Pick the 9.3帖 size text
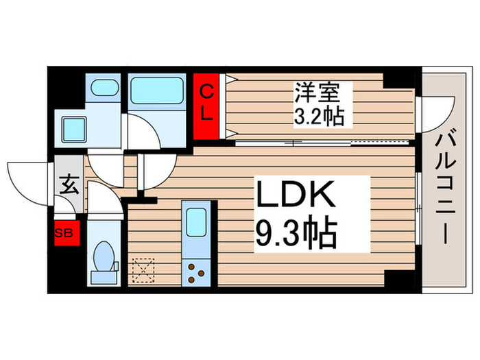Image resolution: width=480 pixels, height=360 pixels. (x=296, y=235)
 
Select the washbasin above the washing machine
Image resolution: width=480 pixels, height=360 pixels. (x=104, y=88)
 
